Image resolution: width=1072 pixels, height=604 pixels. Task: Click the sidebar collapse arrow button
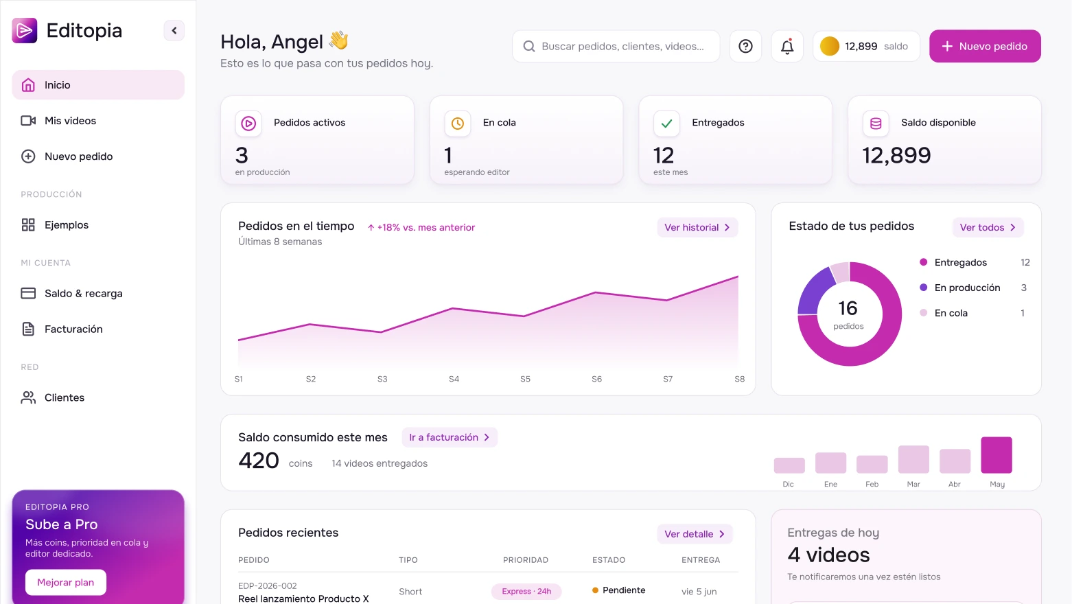coord(174,31)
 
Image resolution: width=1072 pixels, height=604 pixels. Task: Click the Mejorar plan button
coord(66,583)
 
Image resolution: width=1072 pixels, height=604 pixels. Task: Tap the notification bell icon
coord(787,47)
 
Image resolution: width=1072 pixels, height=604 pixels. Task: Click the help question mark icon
coord(745,47)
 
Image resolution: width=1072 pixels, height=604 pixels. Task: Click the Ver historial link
coord(697,227)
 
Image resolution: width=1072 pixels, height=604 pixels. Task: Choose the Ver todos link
coord(988,227)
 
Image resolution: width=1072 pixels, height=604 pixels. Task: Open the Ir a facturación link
coord(450,437)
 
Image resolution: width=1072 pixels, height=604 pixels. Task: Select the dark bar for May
coord(997,455)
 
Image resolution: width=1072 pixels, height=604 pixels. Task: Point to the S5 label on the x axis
coord(525,379)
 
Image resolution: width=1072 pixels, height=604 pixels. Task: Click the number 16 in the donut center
coord(848,308)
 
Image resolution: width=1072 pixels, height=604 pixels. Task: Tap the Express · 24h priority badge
coord(526,592)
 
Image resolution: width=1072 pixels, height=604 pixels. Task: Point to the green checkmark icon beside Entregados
coord(666,124)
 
